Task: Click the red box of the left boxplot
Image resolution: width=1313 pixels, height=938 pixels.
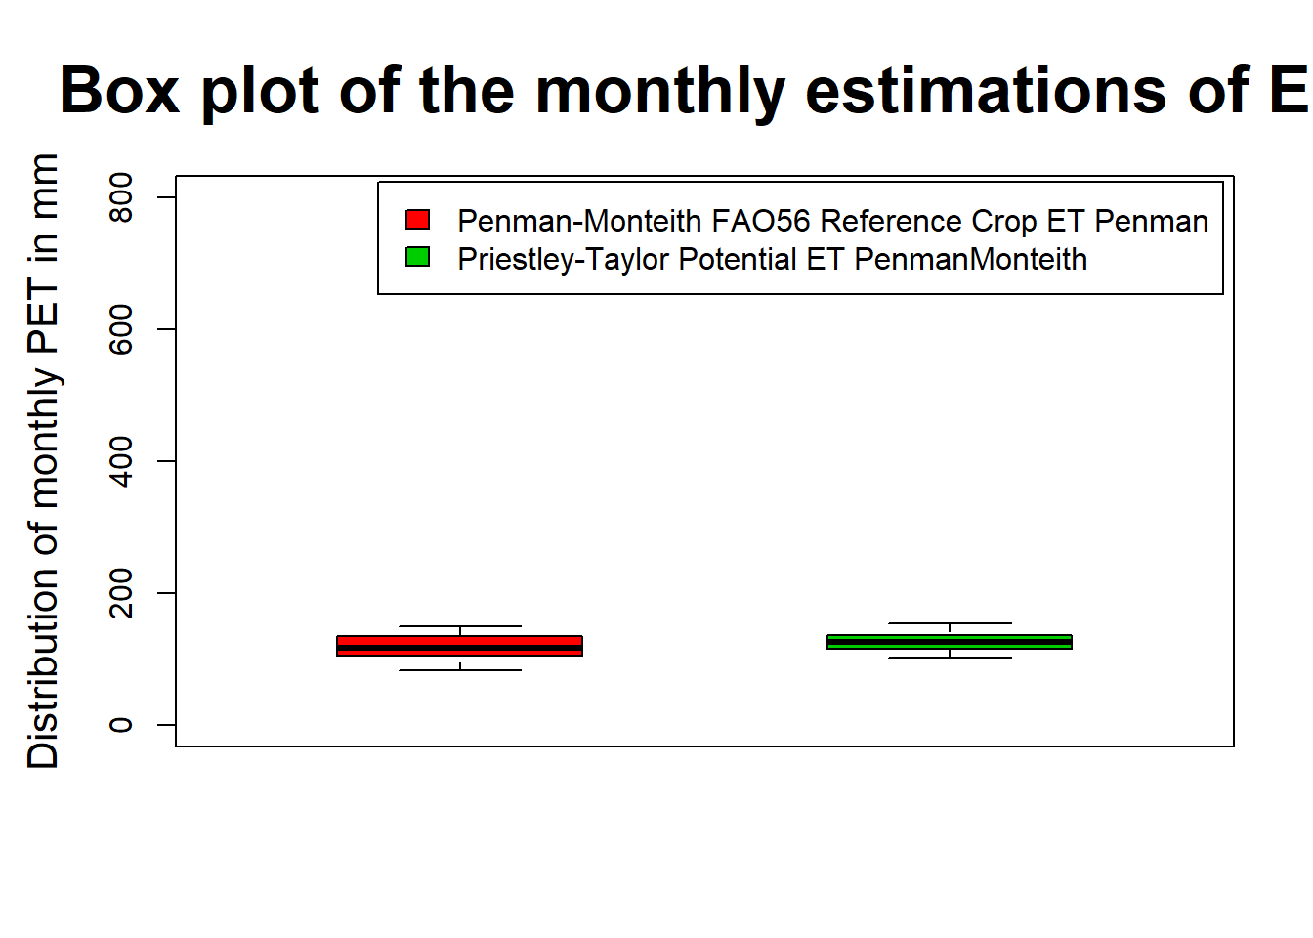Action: coord(459,646)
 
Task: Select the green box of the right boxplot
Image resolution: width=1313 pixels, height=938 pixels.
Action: coord(950,642)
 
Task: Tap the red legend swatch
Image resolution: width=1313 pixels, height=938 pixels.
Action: coord(417,219)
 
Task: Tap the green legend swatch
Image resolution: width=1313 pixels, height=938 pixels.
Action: coord(417,257)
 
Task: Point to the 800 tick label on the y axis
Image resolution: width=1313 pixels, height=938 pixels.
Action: coord(121,197)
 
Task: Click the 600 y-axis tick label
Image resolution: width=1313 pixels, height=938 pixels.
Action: coord(121,329)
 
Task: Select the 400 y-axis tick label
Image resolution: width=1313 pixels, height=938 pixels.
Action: coord(121,461)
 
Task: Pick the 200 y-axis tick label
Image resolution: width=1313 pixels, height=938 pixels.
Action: coord(121,593)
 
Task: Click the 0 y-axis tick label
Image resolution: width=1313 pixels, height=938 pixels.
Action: coord(121,725)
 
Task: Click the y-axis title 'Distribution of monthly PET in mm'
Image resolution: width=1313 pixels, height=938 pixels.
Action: coord(43,461)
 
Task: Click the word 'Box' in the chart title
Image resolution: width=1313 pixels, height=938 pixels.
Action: coord(119,92)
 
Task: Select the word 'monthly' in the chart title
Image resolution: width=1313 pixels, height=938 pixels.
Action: coord(660,95)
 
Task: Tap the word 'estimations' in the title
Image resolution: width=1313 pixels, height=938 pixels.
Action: coord(986,92)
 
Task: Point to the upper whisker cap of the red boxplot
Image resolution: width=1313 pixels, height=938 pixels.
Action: coord(460,626)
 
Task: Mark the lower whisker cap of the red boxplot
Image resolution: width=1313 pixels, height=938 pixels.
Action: coord(460,670)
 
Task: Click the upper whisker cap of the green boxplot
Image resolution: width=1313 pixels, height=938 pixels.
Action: coord(950,623)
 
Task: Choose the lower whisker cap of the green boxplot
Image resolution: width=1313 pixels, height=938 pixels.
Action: coord(950,658)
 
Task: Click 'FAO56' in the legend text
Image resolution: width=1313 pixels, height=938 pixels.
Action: coord(761,221)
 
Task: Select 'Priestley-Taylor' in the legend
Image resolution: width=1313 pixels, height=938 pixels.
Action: coord(564,260)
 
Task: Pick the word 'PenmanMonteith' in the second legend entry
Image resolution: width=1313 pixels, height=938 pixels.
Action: coord(971,259)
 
